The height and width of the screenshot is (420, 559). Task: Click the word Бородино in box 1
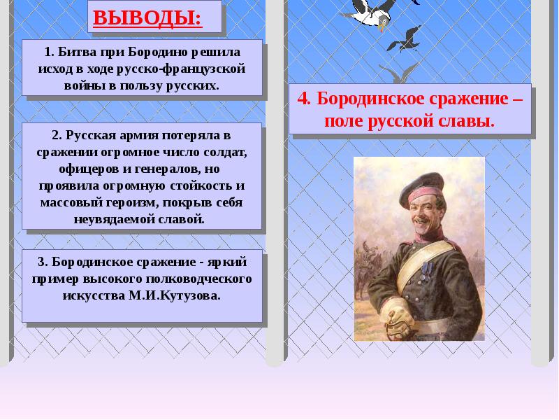click(168, 53)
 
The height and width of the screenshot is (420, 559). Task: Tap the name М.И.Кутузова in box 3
click(172, 295)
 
